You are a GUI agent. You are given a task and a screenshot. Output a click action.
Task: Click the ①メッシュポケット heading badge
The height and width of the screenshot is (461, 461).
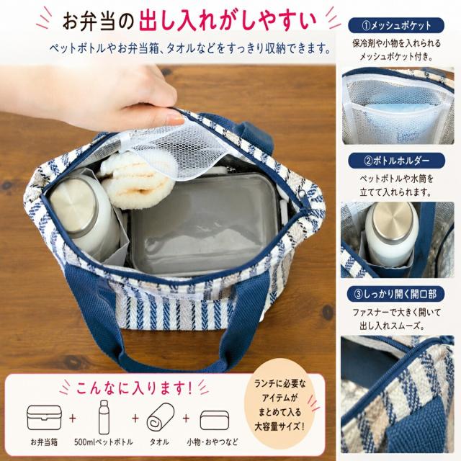pos(396,26)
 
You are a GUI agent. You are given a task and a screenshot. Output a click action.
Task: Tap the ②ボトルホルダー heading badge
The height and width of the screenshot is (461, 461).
pos(397,161)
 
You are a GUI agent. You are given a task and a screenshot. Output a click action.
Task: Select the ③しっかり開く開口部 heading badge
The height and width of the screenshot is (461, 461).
pos(396,295)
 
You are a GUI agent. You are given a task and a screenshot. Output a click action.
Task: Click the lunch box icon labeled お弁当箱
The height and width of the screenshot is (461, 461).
pos(45,417)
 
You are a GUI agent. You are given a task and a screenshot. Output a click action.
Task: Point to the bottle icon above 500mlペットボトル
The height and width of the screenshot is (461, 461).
pos(104,416)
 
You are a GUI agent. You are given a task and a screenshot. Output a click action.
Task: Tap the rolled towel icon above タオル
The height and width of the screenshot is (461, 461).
pos(160,417)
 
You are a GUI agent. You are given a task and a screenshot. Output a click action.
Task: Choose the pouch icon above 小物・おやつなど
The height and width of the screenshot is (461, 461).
pos(215,420)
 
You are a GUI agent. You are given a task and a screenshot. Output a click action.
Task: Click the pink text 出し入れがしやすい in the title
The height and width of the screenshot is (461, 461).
pos(228,20)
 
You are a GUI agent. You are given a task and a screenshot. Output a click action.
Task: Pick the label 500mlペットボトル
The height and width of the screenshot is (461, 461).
pos(104,442)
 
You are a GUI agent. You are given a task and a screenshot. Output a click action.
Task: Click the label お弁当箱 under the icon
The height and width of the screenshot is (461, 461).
pos(44,442)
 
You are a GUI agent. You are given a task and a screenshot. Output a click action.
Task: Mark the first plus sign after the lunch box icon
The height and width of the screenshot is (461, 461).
pos(73,418)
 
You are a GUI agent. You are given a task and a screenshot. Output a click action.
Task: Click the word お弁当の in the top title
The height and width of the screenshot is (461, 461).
pos(98,21)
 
